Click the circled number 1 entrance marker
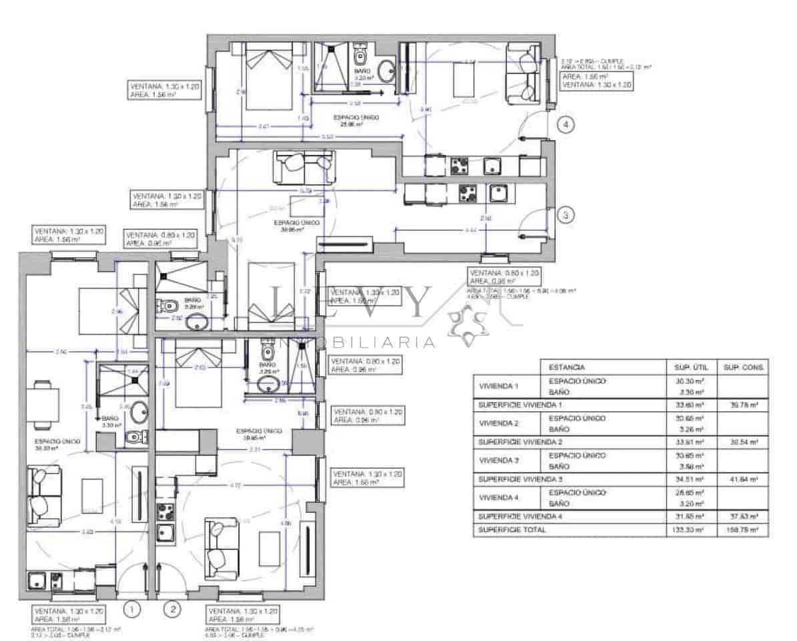(x=133, y=609)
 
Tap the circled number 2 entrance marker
(x=173, y=609)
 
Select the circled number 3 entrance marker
(x=565, y=215)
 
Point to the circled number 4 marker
(x=565, y=124)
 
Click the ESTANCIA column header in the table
(x=567, y=367)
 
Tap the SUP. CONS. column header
(x=742, y=367)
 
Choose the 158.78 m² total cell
(x=742, y=530)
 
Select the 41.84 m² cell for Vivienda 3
(x=742, y=479)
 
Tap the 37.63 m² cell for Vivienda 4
(x=742, y=517)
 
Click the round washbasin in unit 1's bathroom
(x=140, y=412)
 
